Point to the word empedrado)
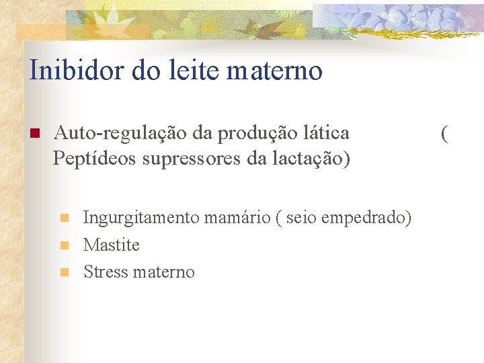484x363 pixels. point(368,218)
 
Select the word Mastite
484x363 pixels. point(112,245)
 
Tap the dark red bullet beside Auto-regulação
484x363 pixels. point(33,133)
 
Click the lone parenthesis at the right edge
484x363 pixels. point(444,134)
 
